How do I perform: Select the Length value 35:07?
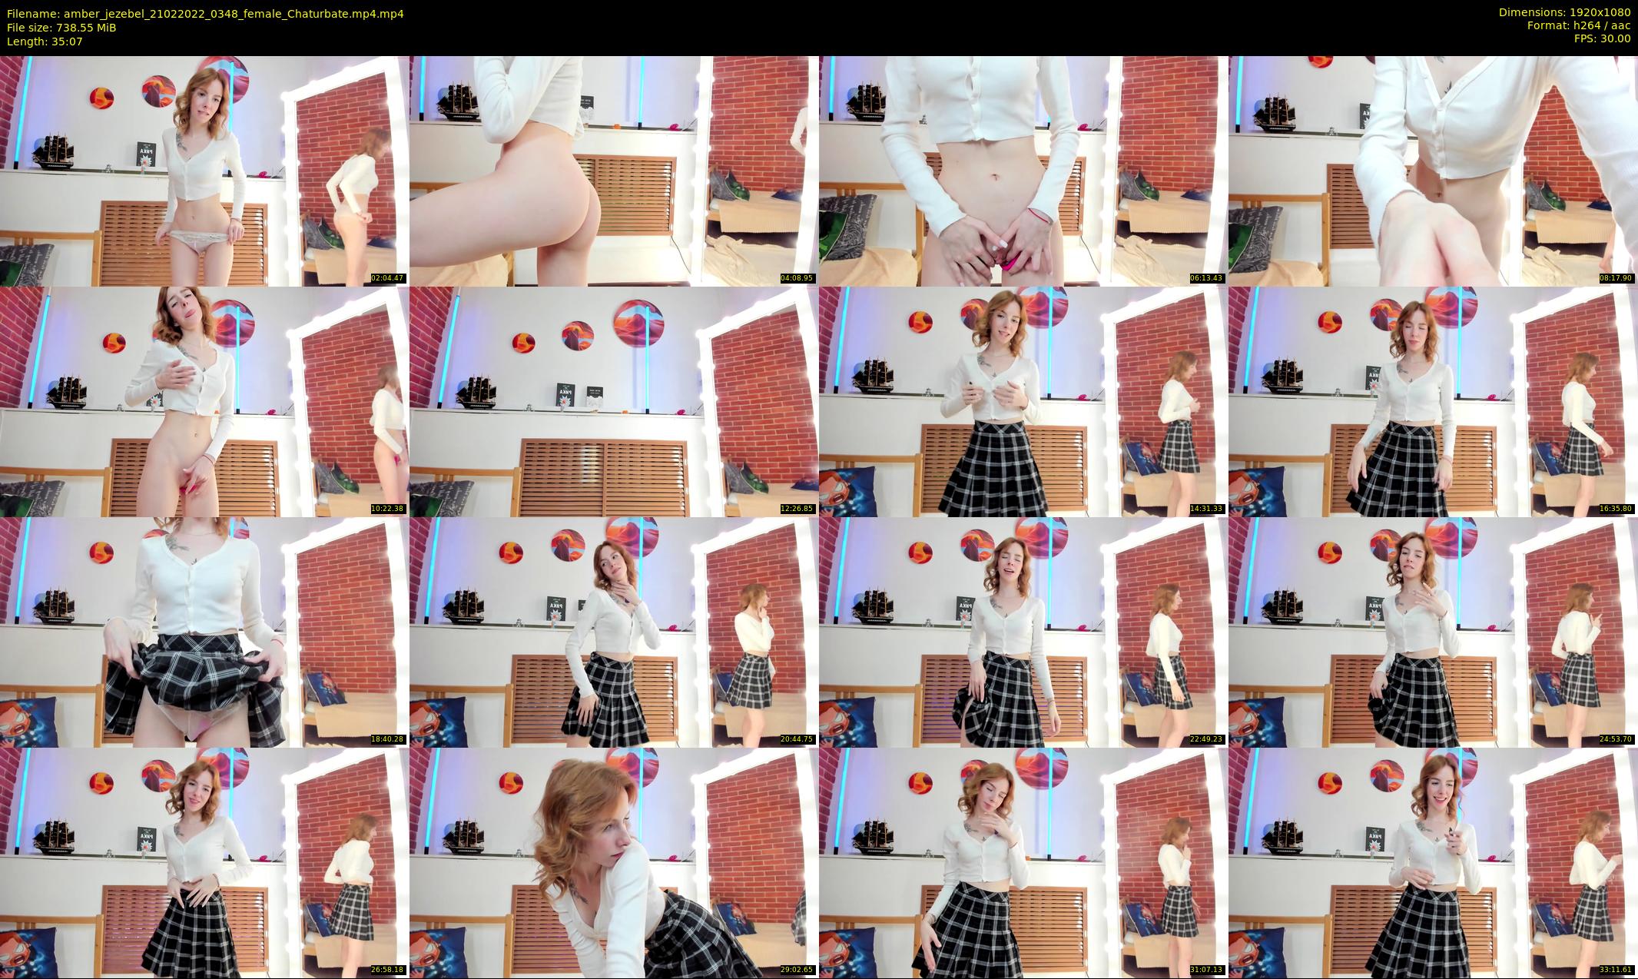(67, 41)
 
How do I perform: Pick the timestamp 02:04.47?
(388, 278)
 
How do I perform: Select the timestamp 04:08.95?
(797, 278)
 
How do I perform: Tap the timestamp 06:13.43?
(1207, 278)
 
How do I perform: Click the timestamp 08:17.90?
(1616, 278)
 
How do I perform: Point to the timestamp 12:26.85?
(797, 509)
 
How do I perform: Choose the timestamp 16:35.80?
(1616, 509)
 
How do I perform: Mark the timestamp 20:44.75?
(797, 739)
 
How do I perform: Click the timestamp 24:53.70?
(1616, 739)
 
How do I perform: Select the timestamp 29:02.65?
(797, 970)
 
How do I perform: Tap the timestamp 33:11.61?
(1616, 970)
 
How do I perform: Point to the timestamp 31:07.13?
(1207, 970)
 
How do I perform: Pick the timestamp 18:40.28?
(388, 739)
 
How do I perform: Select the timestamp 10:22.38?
(388, 509)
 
